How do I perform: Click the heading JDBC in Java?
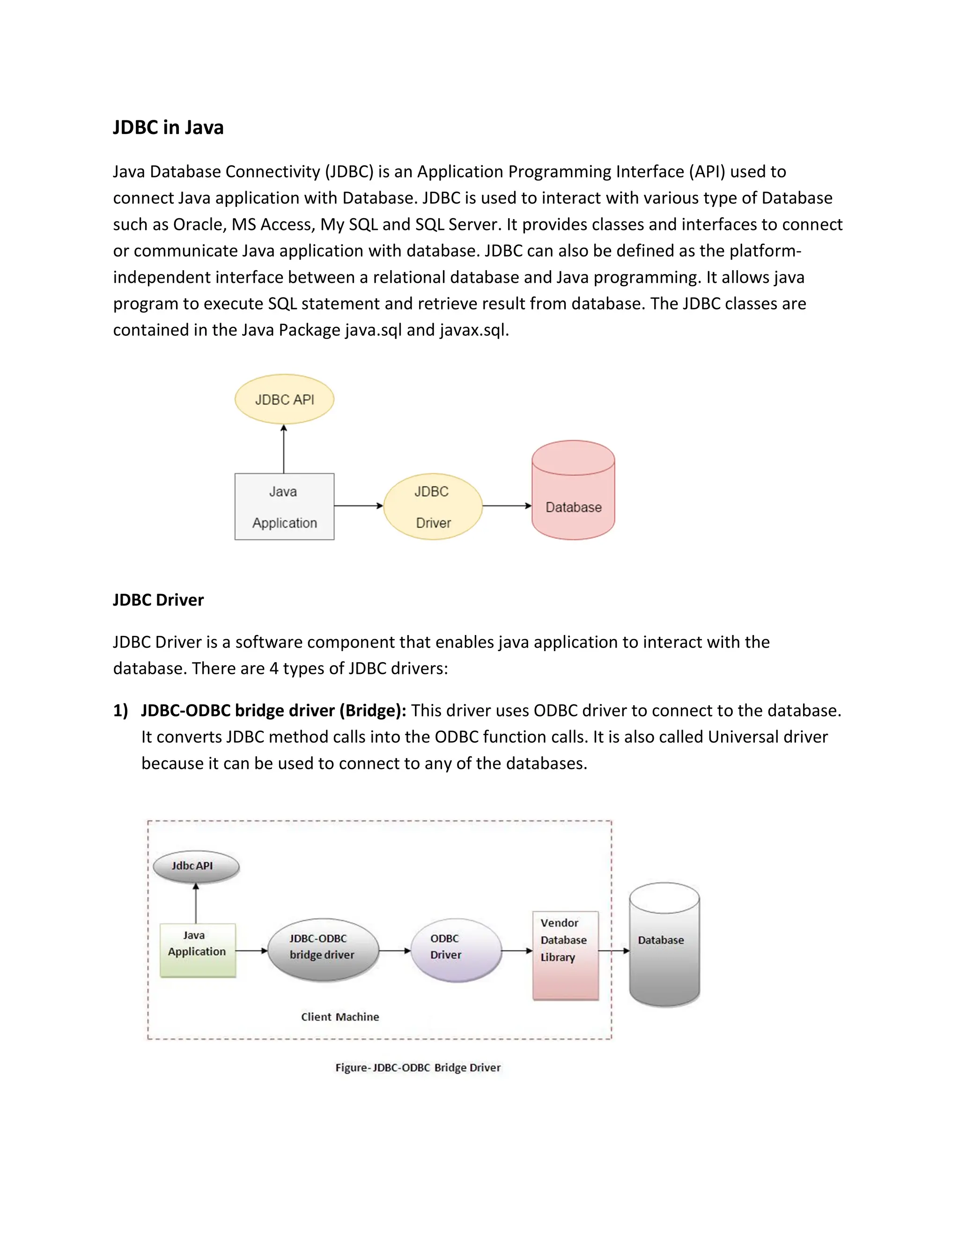[x=168, y=127]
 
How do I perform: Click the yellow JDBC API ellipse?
[x=284, y=399]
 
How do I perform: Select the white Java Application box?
[x=284, y=506]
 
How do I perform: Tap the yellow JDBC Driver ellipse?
[x=433, y=506]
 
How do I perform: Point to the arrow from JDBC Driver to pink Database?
[x=507, y=506]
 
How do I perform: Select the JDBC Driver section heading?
[x=158, y=600]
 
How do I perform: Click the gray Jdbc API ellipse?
[x=196, y=866]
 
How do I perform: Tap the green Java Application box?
[x=197, y=950]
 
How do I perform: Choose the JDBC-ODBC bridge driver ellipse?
[x=322, y=950]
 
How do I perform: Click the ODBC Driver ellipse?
[x=456, y=950]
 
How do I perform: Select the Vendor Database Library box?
[x=565, y=956]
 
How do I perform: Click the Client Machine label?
[x=340, y=1017]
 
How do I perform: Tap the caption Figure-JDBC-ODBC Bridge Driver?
[x=418, y=1068]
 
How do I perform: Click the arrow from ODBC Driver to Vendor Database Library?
[x=517, y=951]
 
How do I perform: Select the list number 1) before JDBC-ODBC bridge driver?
[x=120, y=711]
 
